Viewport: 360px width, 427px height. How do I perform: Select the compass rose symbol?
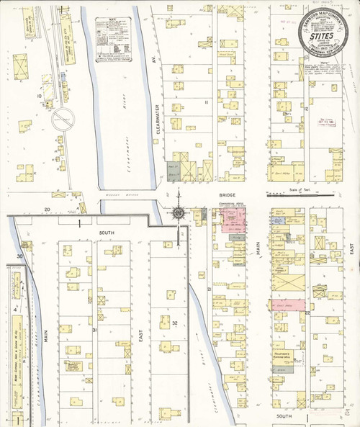point(178,212)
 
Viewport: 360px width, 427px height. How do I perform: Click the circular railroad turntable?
point(63,119)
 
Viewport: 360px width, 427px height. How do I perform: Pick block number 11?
point(205,102)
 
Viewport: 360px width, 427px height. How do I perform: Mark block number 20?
point(48,209)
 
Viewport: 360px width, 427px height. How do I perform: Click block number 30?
point(21,256)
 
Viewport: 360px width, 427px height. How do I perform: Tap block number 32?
point(175,323)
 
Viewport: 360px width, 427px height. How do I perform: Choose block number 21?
point(210,288)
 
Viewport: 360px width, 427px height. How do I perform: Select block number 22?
point(307,314)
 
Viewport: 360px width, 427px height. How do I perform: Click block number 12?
point(306,109)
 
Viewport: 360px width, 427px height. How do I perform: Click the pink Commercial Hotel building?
point(233,220)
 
